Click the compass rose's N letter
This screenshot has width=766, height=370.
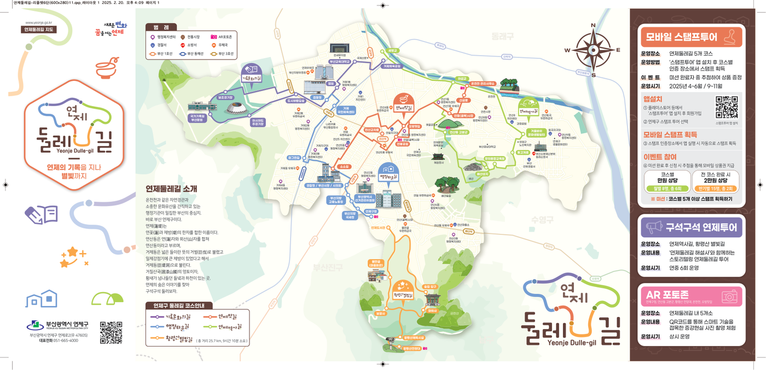point(593,25)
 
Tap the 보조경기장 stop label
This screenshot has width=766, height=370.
point(225,97)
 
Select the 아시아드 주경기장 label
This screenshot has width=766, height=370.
point(258,122)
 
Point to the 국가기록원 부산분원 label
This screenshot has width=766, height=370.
point(197,118)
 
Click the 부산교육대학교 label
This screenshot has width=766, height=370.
point(339,62)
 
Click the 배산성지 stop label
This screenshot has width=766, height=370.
point(482,174)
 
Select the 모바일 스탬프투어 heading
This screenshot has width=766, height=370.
point(681,37)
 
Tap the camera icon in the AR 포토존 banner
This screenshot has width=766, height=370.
point(729,297)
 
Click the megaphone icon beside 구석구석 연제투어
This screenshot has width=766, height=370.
point(654,227)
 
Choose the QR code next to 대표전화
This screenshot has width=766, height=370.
point(111,332)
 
